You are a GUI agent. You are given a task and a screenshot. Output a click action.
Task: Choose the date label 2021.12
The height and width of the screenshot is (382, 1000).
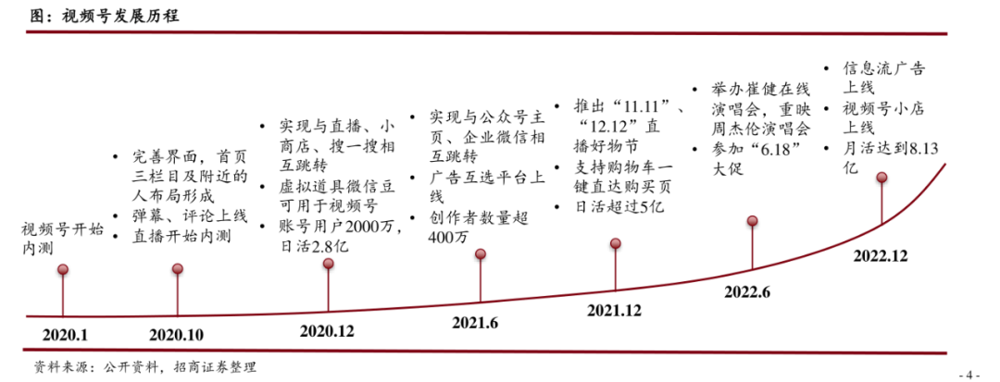click(614, 311)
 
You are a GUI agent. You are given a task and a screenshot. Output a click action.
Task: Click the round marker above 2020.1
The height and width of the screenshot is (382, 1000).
click(62, 270)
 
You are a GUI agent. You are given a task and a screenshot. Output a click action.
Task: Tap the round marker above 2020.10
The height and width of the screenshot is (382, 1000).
click(179, 269)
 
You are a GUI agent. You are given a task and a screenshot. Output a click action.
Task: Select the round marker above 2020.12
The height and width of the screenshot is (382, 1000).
click(328, 264)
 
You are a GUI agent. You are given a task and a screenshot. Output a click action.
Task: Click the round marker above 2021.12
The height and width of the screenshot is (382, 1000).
click(616, 243)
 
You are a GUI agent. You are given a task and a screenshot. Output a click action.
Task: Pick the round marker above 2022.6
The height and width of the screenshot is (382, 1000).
click(753, 221)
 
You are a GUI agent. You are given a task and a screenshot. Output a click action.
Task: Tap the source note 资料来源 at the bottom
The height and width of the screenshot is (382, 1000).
click(143, 367)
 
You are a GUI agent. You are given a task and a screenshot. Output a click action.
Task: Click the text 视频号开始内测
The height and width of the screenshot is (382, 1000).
click(63, 238)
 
